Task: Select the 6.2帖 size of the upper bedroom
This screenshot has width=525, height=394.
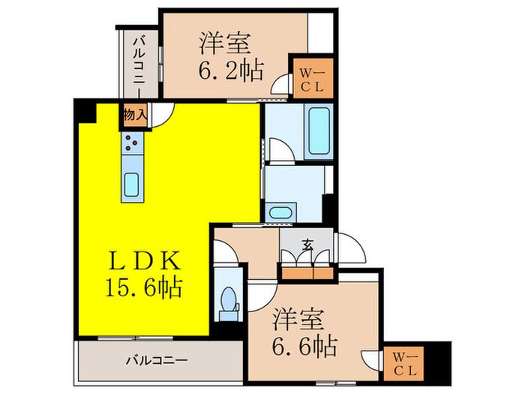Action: point(230,71)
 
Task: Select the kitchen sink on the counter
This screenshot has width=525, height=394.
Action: point(131,184)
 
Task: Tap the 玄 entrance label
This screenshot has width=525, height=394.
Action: point(308,244)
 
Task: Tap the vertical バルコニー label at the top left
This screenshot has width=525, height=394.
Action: point(139,60)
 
